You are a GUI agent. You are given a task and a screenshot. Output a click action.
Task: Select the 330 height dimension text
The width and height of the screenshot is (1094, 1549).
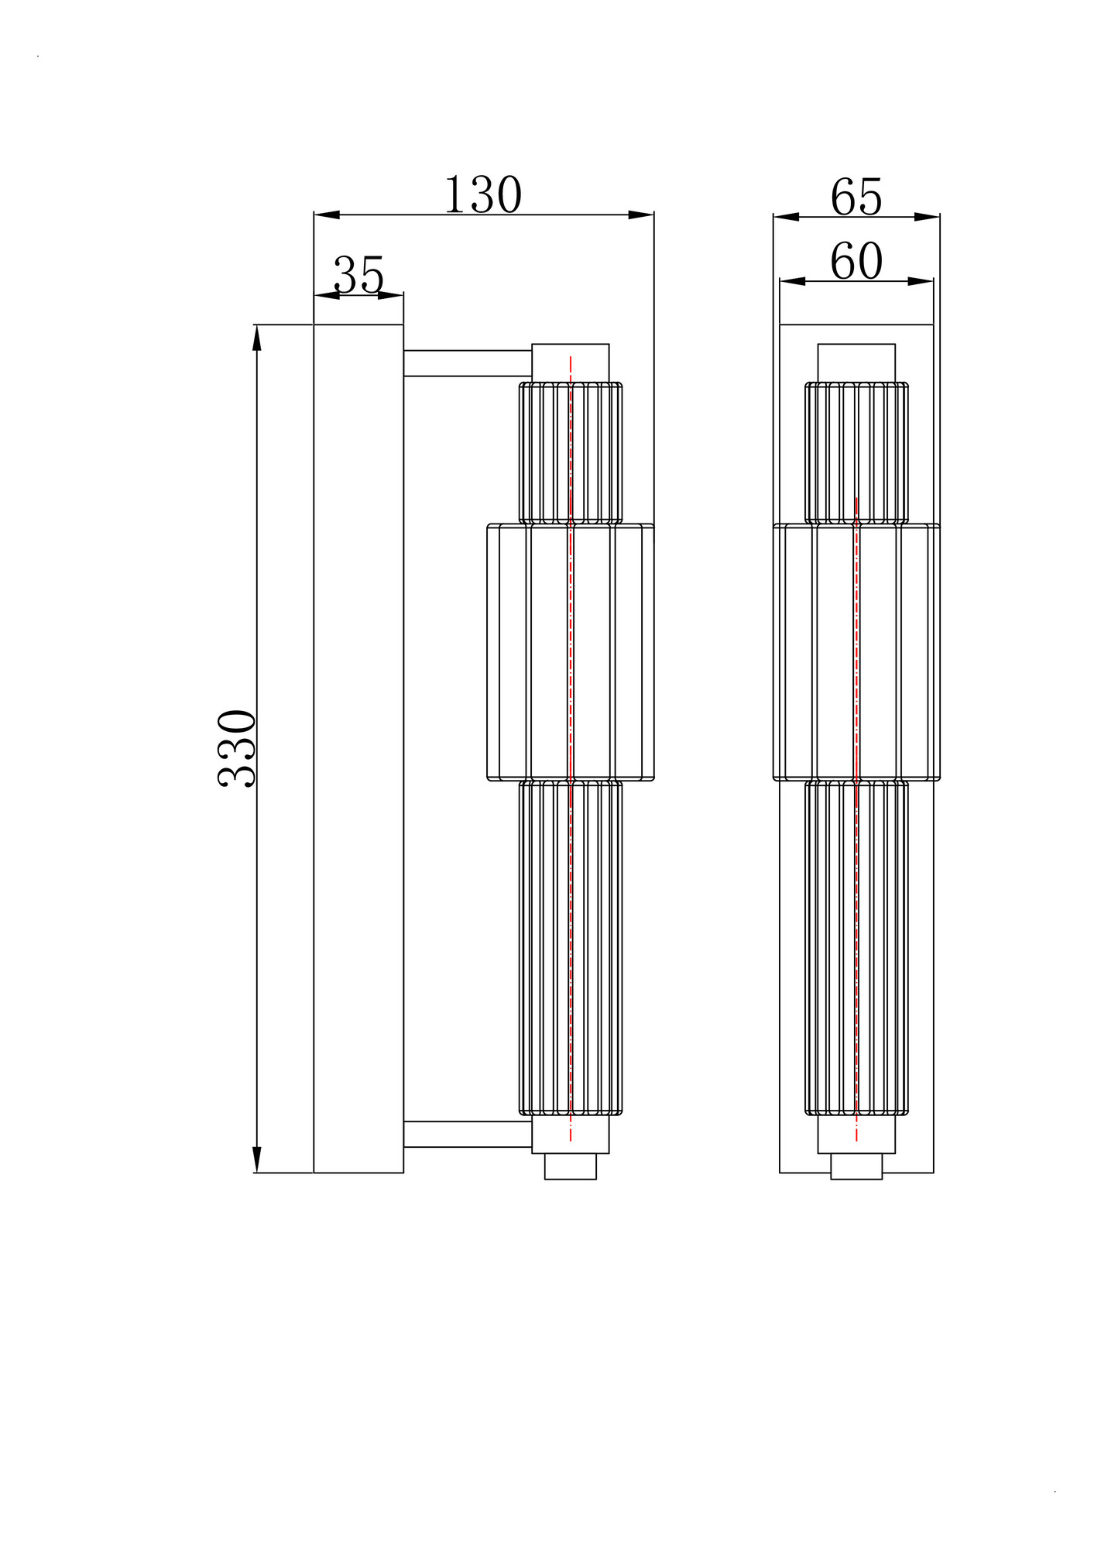pyautogui.click(x=238, y=748)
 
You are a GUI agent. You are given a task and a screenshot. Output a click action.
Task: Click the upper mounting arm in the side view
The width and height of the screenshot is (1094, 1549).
pyautogui.click(x=467, y=363)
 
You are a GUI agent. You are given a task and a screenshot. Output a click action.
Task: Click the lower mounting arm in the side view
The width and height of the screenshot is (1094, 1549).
pyautogui.click(x=467, y=1134)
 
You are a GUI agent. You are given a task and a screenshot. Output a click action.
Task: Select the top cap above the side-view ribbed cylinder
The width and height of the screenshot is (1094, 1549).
pyautogui.click(x=571, y=362)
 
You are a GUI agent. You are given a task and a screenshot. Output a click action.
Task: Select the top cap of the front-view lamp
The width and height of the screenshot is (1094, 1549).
pyautogui.click(x=856, y=362)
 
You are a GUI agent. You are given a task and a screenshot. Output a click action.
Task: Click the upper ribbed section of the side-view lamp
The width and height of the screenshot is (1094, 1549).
pyautogui.click(x=571, y=453)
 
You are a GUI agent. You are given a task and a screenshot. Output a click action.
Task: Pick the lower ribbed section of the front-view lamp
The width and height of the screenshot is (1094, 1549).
pyautogui.click(x=856, y=949)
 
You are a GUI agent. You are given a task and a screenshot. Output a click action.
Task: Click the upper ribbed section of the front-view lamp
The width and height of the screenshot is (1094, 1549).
pyautogui.click(x=856, y=453)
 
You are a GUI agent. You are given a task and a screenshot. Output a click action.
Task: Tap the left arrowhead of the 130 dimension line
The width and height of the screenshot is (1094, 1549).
pyautogui.click(x=326, y=215)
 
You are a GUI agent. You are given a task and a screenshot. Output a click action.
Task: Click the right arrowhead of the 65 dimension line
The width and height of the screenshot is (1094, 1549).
pyautogui.click(x=928, y=217)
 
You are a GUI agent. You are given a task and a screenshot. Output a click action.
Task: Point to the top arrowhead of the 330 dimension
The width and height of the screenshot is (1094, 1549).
pyautogui.click(x=257, y=337)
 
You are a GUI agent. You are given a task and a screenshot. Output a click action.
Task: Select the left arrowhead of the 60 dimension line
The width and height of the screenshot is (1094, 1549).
pyautogui.click(x=792, y=282)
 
